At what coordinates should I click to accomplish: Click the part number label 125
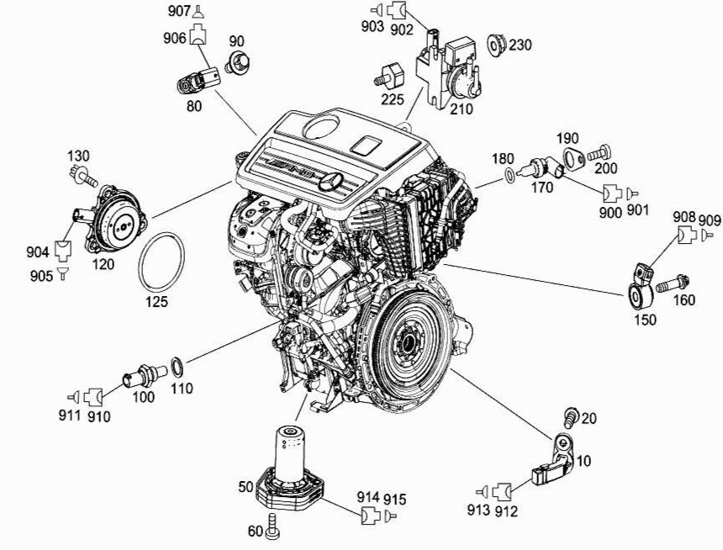coord(156,301)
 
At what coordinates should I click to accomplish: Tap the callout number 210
coord(462,108)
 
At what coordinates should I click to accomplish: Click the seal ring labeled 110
coord(178,366)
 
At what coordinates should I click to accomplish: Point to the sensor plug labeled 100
coord(136,376)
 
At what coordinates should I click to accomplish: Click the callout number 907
coord(178,11)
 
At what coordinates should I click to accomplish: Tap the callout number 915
coord(396,500)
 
